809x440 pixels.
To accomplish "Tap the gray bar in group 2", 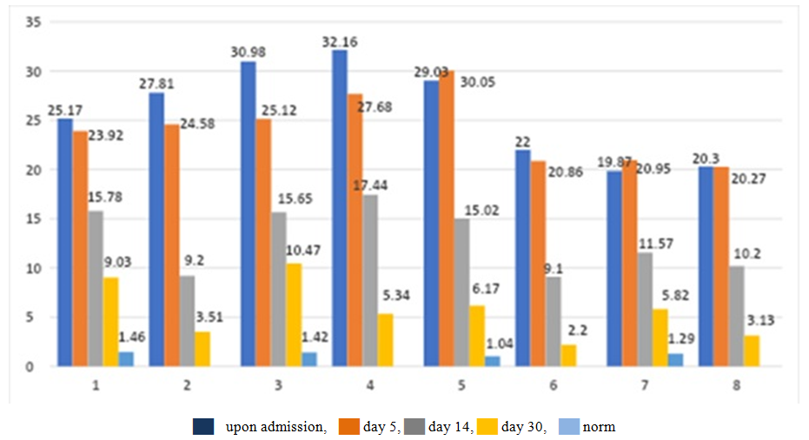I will [x=186, y=321].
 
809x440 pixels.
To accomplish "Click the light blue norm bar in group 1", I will [x=125, y=359].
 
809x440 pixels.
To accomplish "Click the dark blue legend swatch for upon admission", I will [x=203, y=426].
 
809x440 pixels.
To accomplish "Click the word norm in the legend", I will [x=600, y=426].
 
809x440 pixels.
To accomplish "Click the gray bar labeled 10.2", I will [x=736, y=317].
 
